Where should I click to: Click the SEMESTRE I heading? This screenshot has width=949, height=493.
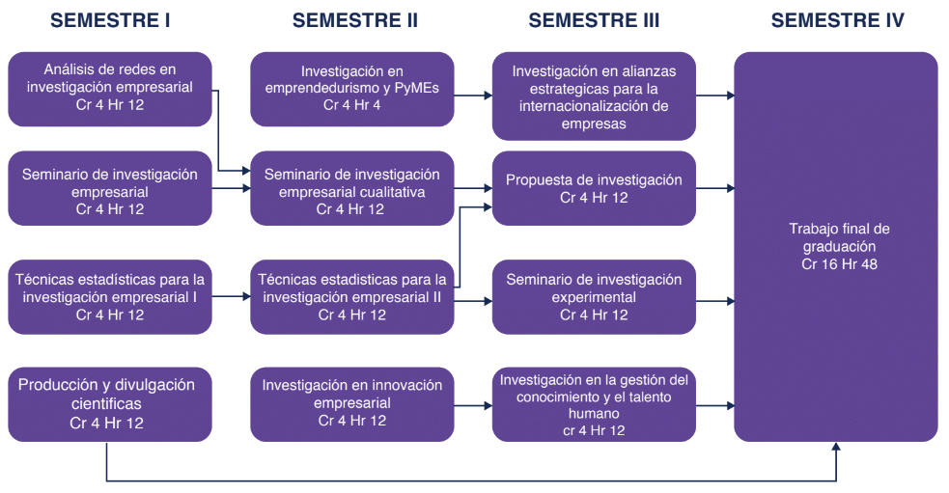(109, 20)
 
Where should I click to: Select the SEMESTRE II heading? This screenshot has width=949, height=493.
(354, 20)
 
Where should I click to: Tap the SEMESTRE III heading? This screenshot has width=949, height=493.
(594, 20)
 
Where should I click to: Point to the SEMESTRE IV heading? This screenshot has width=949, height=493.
(837, 20)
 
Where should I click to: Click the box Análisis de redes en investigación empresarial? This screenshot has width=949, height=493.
(109, 88)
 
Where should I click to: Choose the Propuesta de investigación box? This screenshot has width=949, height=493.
(594, 188)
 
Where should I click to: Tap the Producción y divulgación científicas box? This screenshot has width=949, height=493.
(109, 403)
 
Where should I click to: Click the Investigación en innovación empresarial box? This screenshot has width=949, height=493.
(351, 403)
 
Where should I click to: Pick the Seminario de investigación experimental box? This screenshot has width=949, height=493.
(594, 297)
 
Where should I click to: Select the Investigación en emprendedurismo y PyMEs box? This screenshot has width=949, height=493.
(351, 88)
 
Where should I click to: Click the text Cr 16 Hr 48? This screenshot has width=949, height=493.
(837, 263)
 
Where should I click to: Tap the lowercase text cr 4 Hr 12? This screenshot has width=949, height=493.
(594, 430)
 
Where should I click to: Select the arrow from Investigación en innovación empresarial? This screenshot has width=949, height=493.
(473, 404)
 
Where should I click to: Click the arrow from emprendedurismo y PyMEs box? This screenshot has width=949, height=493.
(473, 95)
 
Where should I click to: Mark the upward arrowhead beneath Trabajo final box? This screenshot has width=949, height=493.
(837, 448)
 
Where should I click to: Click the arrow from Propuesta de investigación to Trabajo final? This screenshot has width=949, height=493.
(714, 188)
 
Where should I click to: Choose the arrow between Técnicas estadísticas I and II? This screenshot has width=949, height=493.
(231, 296)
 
